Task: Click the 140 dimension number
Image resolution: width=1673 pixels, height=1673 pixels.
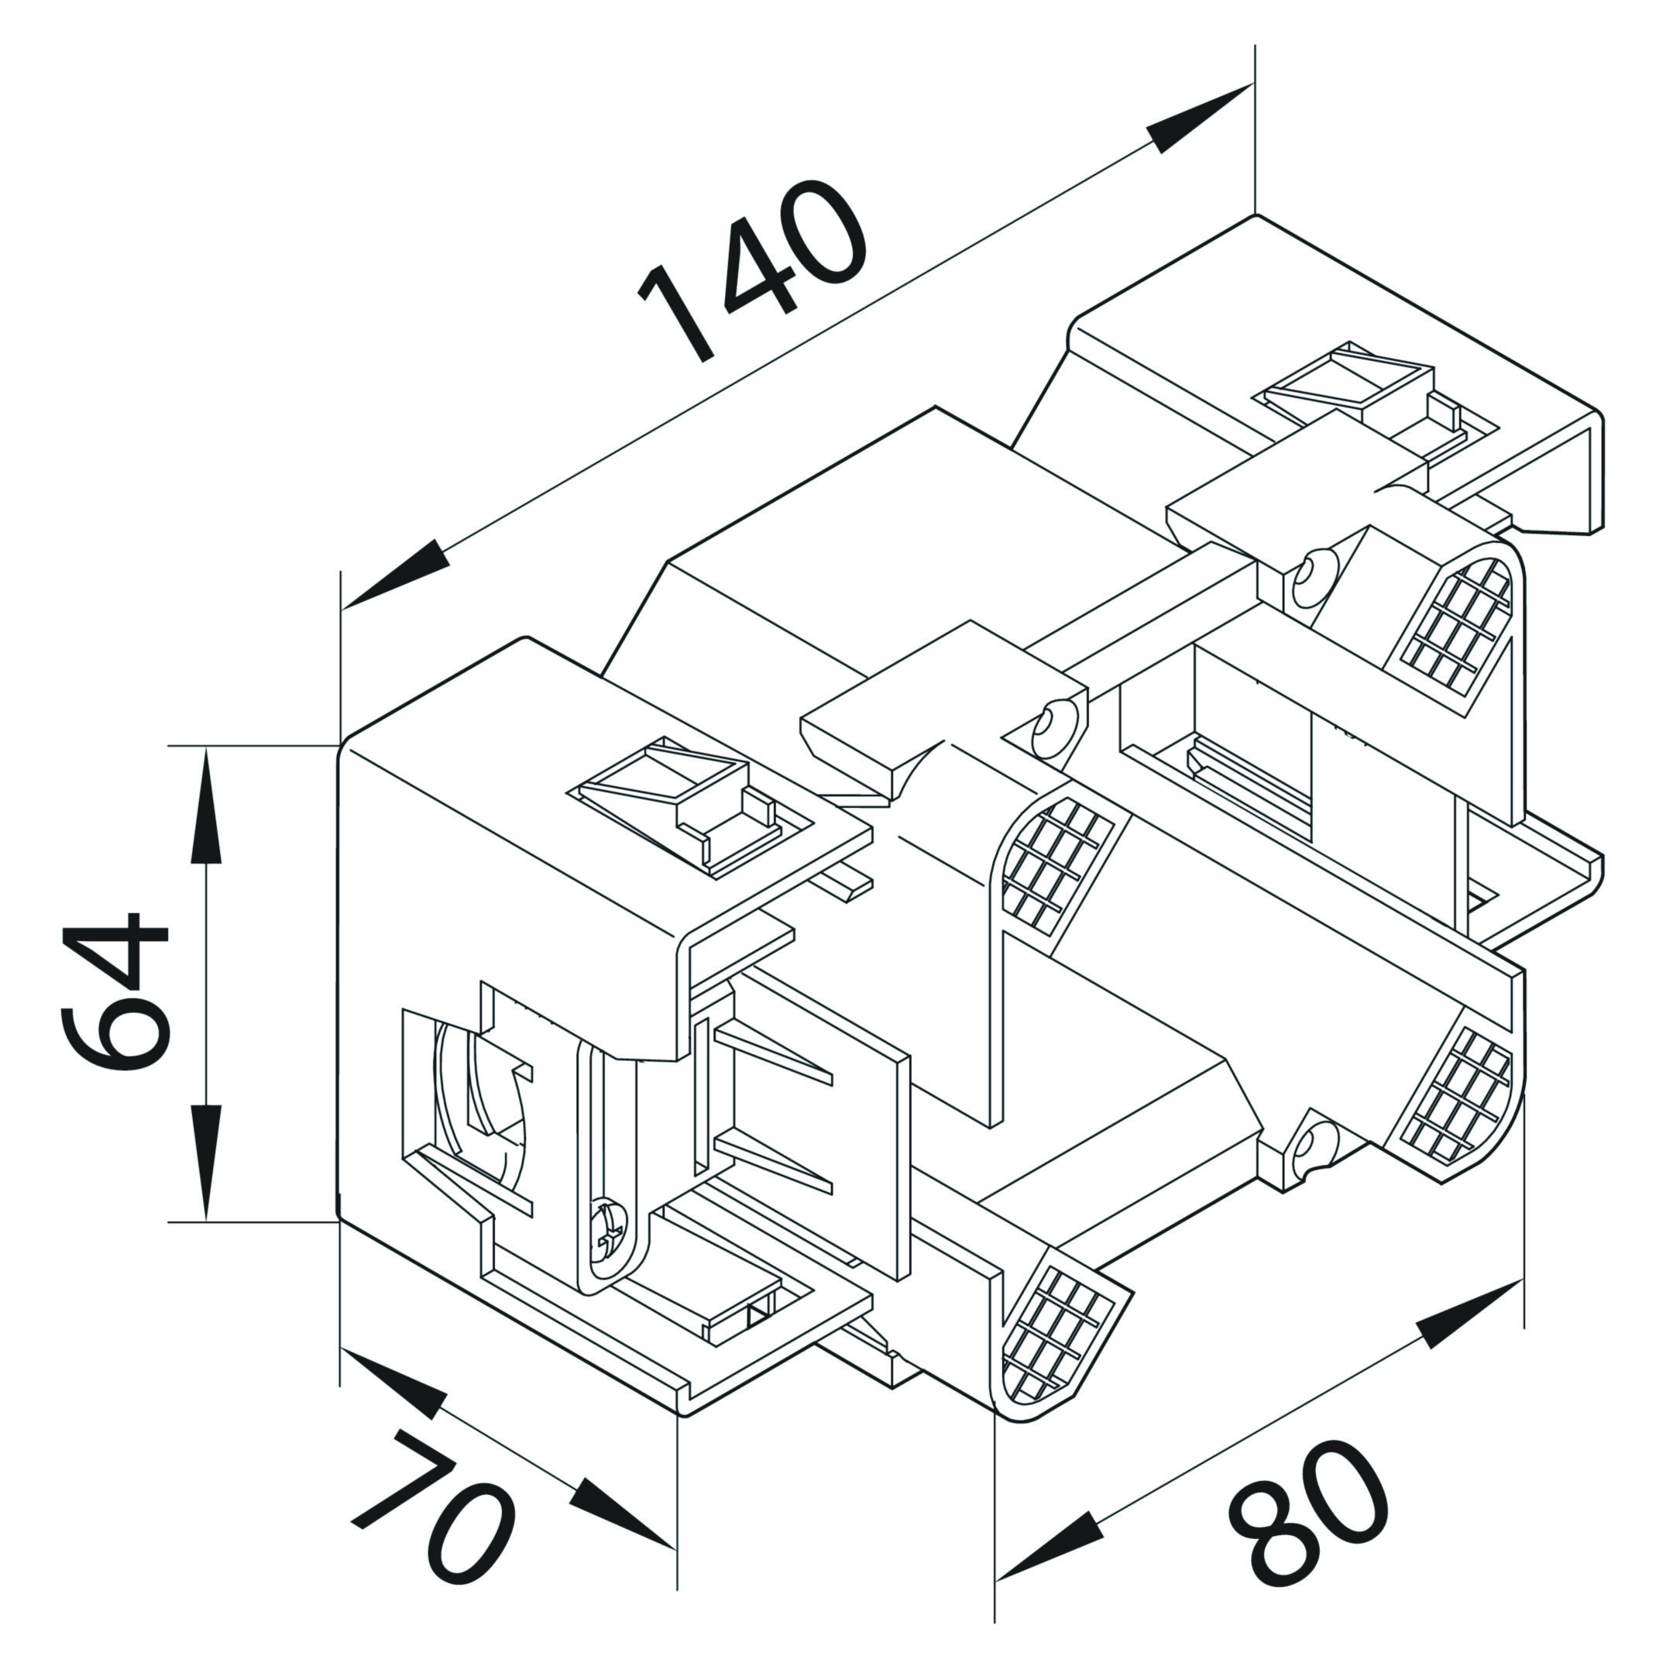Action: click(751, 270)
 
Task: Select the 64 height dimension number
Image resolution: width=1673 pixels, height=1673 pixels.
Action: click(115, 992)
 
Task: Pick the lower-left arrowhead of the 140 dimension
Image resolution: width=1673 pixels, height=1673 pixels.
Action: click(396, 575)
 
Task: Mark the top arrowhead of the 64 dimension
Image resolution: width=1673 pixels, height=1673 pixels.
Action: click(206, 807)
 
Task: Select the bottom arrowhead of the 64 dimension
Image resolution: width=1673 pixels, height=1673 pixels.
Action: click(206, 1162)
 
